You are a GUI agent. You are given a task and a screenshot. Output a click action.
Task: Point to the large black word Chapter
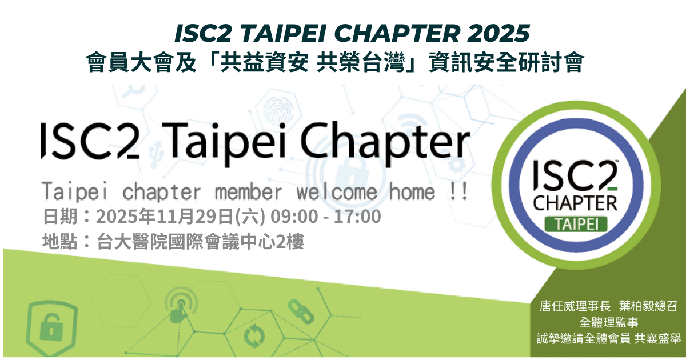[385, 143]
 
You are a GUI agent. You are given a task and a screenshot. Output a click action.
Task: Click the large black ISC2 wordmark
[90, 141]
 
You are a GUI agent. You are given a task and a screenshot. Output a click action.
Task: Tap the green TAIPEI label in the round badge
[576, 225]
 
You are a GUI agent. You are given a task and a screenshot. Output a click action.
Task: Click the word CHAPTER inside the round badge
[575, 203]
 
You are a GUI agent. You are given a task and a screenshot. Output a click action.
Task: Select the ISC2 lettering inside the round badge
[575, 175]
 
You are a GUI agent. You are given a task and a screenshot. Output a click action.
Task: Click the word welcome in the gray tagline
[336, 192]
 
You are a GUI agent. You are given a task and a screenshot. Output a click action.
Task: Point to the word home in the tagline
[412, 192]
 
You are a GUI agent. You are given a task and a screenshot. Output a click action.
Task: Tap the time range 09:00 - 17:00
[325, 217]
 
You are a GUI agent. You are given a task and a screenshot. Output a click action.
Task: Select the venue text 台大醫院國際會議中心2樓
[200, 242]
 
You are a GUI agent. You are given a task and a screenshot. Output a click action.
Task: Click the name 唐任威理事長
[575, 306]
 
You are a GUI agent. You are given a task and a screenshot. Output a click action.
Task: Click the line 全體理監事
[608, 322]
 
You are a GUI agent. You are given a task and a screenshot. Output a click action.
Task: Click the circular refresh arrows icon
[254, 337]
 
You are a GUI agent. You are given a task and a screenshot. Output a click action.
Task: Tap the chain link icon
[301, 311]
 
